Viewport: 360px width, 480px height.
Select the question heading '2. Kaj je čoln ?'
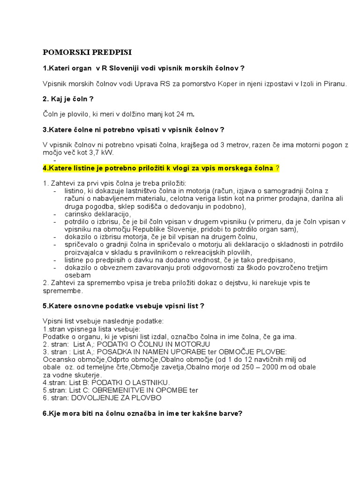tap(68, 99)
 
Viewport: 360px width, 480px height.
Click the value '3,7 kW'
tap(102, 153)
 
